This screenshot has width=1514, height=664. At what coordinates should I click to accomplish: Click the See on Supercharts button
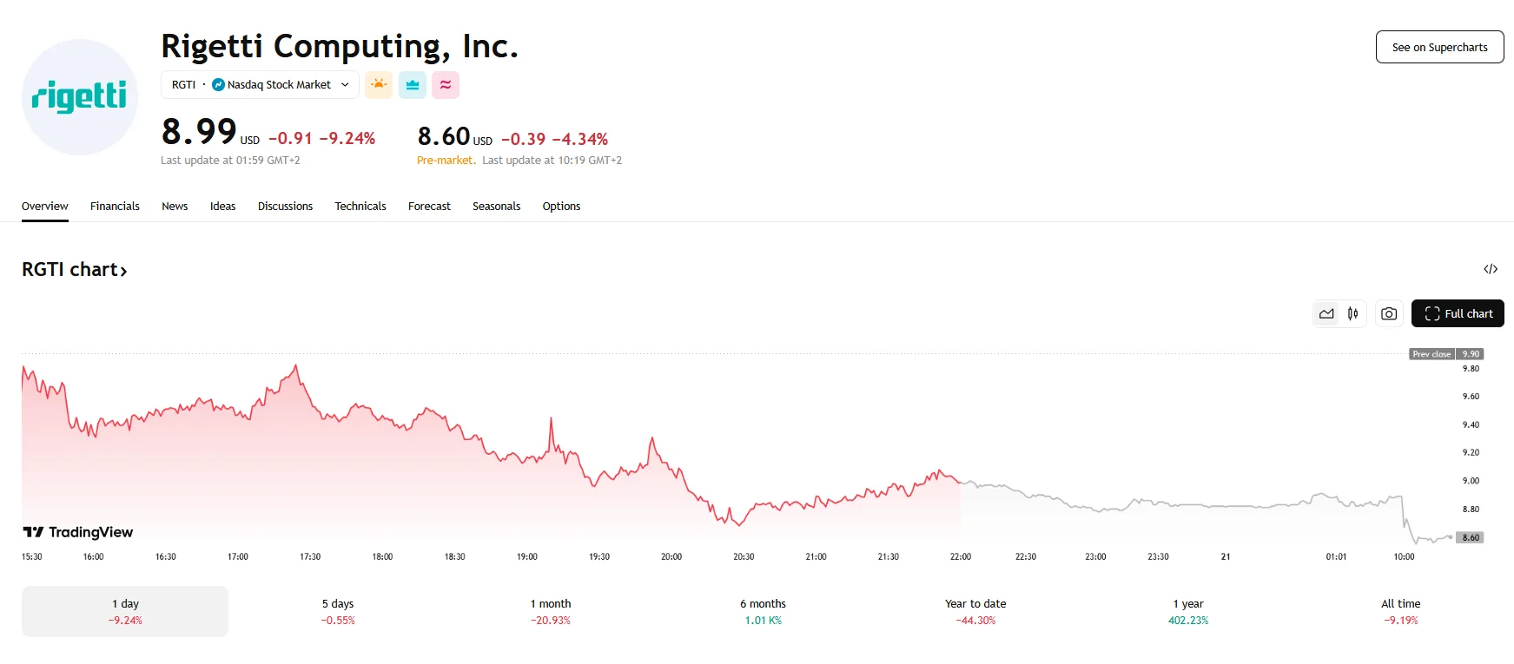click(x=1439, y=48)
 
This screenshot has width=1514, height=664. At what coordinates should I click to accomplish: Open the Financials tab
click(x=115, y=207)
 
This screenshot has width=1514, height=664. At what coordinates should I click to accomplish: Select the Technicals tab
click(x=360, y=207)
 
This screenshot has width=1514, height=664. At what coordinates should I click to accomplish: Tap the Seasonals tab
click(x=496, y=207)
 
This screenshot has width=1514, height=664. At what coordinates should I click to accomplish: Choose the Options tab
click(x=561, y=207)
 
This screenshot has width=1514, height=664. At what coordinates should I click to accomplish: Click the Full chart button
click(x=1458, y=313)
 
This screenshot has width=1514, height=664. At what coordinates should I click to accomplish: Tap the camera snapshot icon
click(x=1389, y=313)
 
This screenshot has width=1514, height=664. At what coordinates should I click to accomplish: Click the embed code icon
click(x=1491, y=269)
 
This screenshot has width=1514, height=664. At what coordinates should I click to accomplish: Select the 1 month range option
click(x=551, y=611)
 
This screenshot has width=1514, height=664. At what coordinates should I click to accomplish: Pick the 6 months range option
click(x=763, y=611)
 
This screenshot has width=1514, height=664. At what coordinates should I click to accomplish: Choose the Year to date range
click(x=975, y=611)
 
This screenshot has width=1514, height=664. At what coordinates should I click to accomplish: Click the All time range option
click(x=1400, y=611)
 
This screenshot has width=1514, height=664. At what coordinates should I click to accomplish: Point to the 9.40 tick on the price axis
click(x=1471, y=424)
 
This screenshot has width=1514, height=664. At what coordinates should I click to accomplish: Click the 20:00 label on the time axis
click(x=671, y=556)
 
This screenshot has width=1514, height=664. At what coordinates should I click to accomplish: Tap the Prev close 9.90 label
click(x=1446, y=354)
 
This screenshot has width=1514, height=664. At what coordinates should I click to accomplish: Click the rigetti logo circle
click(x=80, y=97)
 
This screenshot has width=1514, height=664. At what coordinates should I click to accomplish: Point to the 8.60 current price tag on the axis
click(x=1471, y=537)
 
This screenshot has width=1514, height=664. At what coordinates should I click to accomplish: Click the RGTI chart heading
click(x=75, y=270)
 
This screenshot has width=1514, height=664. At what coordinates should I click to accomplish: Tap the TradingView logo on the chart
click(x=78, y=532)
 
